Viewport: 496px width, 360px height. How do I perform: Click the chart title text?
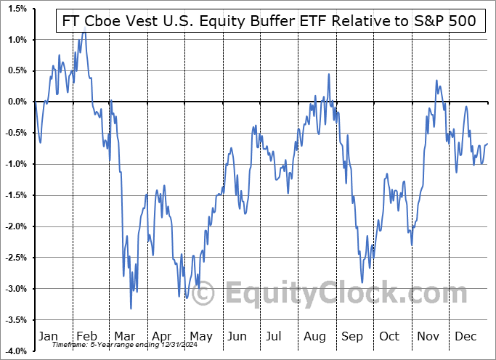[267, 21]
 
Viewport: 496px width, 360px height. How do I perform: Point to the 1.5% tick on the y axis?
[16, 8]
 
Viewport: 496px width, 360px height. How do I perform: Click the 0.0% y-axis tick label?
[16, 102]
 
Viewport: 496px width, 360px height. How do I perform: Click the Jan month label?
[47, 337]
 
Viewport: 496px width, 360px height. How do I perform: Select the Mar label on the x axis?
[124, 337]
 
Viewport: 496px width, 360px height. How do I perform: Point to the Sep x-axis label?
[351, 337]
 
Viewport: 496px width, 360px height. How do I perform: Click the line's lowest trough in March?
[131, 309]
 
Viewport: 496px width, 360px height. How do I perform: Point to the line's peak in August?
[329, 74]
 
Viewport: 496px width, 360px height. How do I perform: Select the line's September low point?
[362, 282]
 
